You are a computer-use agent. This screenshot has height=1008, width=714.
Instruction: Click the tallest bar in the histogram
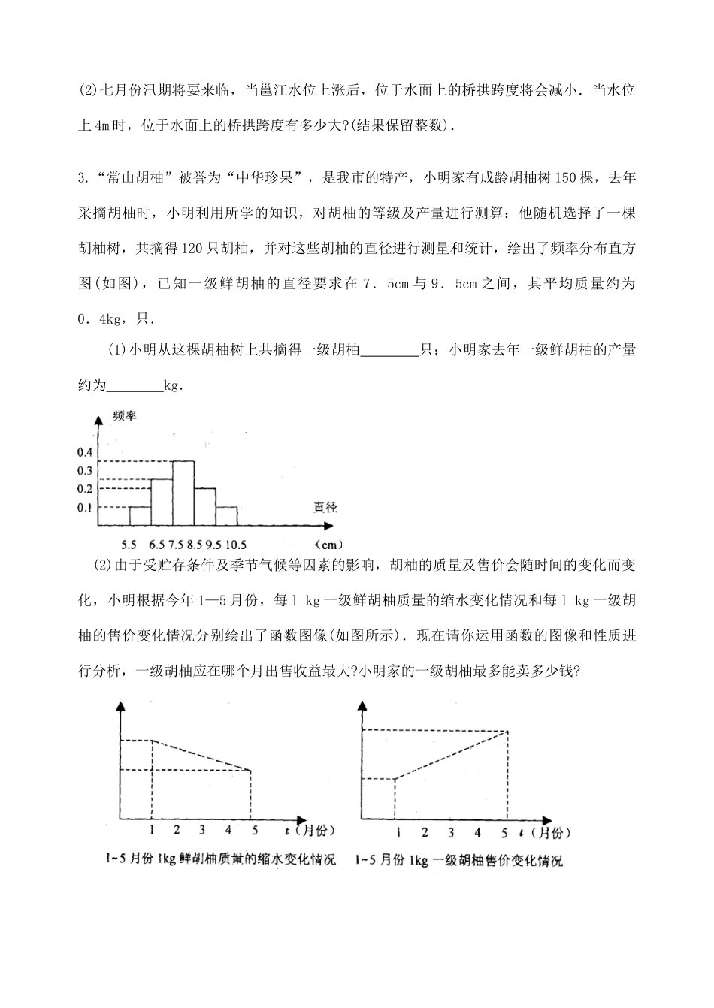click(183, 493)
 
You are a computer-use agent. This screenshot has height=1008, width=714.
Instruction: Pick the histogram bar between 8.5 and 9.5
click(205, 507)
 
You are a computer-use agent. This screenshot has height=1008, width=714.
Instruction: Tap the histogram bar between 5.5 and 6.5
click(140, 516)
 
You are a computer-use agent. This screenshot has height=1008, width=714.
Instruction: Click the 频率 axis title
click(124, 416)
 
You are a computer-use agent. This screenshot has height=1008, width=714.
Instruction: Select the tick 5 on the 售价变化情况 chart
click(504, 832)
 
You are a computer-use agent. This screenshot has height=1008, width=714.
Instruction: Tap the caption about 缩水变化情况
click(219, 859)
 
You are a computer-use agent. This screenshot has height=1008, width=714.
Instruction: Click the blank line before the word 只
click(389, 350)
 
